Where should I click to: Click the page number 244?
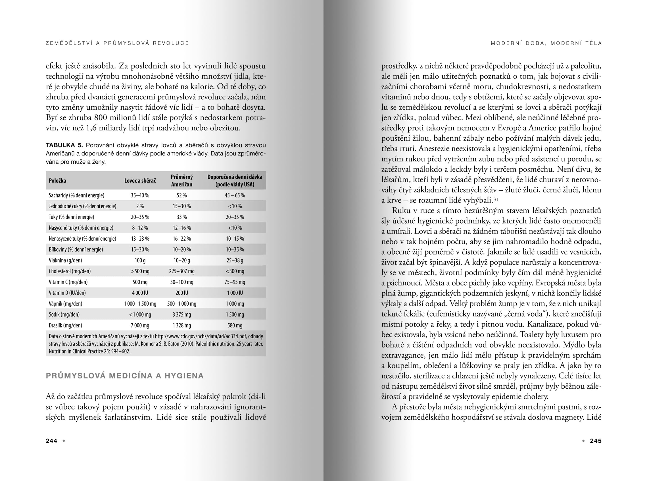pos(51,441)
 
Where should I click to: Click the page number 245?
pos(596,441)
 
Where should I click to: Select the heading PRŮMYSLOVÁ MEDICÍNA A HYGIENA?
pos(125,376)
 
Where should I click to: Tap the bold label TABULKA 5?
pos(64,145)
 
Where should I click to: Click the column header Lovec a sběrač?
pos(140,181)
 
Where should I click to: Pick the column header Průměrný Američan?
pos(181,180)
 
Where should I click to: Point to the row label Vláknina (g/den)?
pos(65,260)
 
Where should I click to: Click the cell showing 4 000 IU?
pos(140,293)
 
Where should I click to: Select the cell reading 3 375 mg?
pos(181,315)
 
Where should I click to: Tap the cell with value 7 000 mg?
pos(140,326)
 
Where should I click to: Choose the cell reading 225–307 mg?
pos(181,271)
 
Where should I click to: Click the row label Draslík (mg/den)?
pos(65,326)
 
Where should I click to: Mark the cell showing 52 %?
pos(181,195)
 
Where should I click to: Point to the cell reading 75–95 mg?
pos(235,282)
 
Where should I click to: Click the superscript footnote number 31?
pos(496,199)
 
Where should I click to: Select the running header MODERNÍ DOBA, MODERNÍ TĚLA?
pos(546,43)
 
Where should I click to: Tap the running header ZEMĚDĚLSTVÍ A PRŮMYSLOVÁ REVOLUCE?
pos(117,43)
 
